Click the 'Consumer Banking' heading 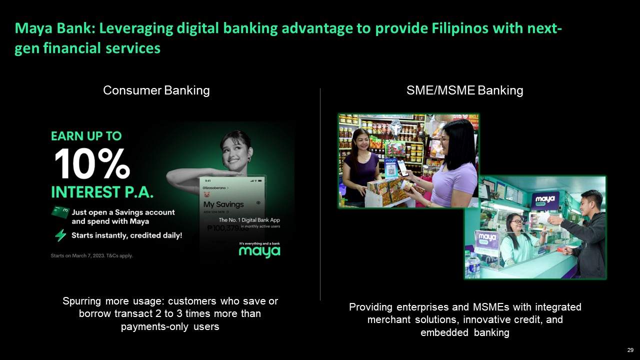tap(156, 90)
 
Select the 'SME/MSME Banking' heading tap(464, 90)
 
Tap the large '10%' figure tap(92, 164)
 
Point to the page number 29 tap(630, 349)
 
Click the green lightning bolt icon tap(60, 235)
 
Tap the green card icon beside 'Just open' tap(59, 212)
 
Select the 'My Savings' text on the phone tap(223, 204)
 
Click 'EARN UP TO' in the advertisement tap(86, 136)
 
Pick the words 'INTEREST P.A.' tap(102, 192)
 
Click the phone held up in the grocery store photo tap(402, 167)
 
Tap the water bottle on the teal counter tap(472, 264)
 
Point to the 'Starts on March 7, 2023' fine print tap(91, 256)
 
